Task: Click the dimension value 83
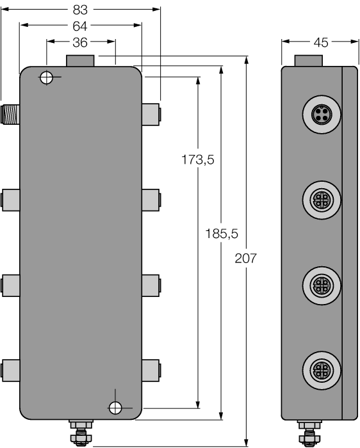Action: (81, 10)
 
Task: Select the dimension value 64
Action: (81, 26)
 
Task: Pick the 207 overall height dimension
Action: (246, 259)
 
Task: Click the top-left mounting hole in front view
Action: (46, 77)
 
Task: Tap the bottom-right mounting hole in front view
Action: (115, 407)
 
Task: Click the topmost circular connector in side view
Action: (320, 115)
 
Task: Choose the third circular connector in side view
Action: (320, 282)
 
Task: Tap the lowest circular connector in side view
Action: (320, 369)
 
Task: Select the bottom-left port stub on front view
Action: (10, 369)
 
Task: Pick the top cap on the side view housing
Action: (308, 61)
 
